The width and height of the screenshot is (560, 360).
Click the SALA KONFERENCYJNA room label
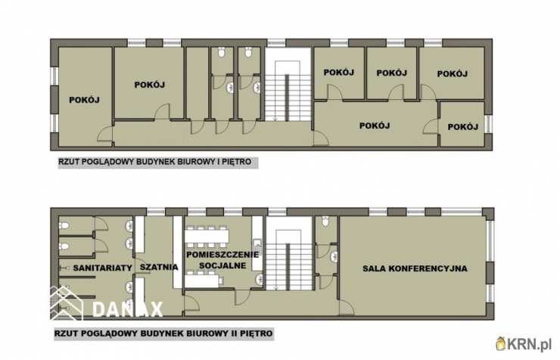pos(415,268)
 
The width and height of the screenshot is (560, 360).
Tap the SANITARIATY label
pos(102,268)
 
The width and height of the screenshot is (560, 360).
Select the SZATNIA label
pos(159,267)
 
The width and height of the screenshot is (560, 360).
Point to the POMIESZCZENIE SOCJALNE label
pos(222,260)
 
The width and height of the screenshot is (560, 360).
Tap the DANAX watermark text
pos(127,309)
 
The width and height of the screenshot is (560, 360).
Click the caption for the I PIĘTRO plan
pos(155,162)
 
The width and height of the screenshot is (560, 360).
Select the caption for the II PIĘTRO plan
pos(163,334)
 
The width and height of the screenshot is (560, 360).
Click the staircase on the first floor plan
pos(288,85)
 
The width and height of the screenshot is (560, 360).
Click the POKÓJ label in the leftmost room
pos(84,100)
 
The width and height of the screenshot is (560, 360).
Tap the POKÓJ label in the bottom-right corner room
pos(463,126)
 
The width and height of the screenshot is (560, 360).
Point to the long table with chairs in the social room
pos(207,236)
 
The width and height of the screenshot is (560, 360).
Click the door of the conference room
pos(346,307)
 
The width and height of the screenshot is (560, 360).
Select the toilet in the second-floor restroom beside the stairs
pos(325,221)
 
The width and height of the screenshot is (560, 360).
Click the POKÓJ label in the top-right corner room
pos(453,74)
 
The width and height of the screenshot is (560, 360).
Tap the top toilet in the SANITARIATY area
pos(64,225)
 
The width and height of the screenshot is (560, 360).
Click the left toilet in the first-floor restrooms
pos(222,53)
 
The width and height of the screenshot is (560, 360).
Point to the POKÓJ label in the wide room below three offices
pos(375,126)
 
